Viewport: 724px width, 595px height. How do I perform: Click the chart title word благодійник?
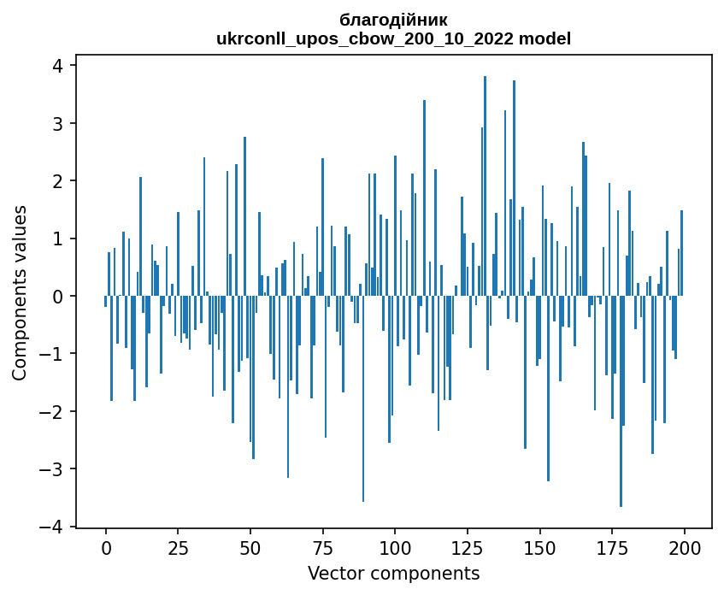coord(393,20)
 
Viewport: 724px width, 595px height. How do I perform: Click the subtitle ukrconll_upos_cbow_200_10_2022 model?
coord(393,38)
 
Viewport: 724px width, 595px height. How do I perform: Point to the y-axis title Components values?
coord(20,292)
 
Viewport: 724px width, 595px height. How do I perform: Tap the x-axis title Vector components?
coord(393,573)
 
